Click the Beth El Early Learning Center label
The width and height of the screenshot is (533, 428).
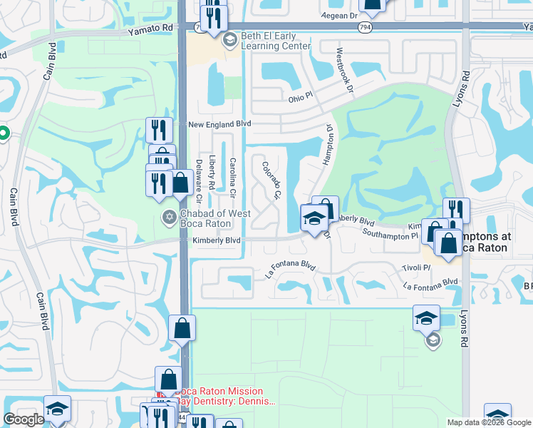(275, 41)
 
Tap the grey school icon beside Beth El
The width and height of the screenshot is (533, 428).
(229, 40)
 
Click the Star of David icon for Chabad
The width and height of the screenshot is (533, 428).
(169, 217)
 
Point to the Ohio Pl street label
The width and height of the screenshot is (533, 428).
(300, 101)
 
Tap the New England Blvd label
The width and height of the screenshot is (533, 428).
(220, 124)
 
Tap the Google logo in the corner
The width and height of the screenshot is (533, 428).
(24, 419)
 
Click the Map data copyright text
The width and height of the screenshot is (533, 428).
(490, 422)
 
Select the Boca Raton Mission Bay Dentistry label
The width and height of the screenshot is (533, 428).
(222, 397)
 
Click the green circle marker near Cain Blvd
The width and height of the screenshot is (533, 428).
(2, 133)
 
